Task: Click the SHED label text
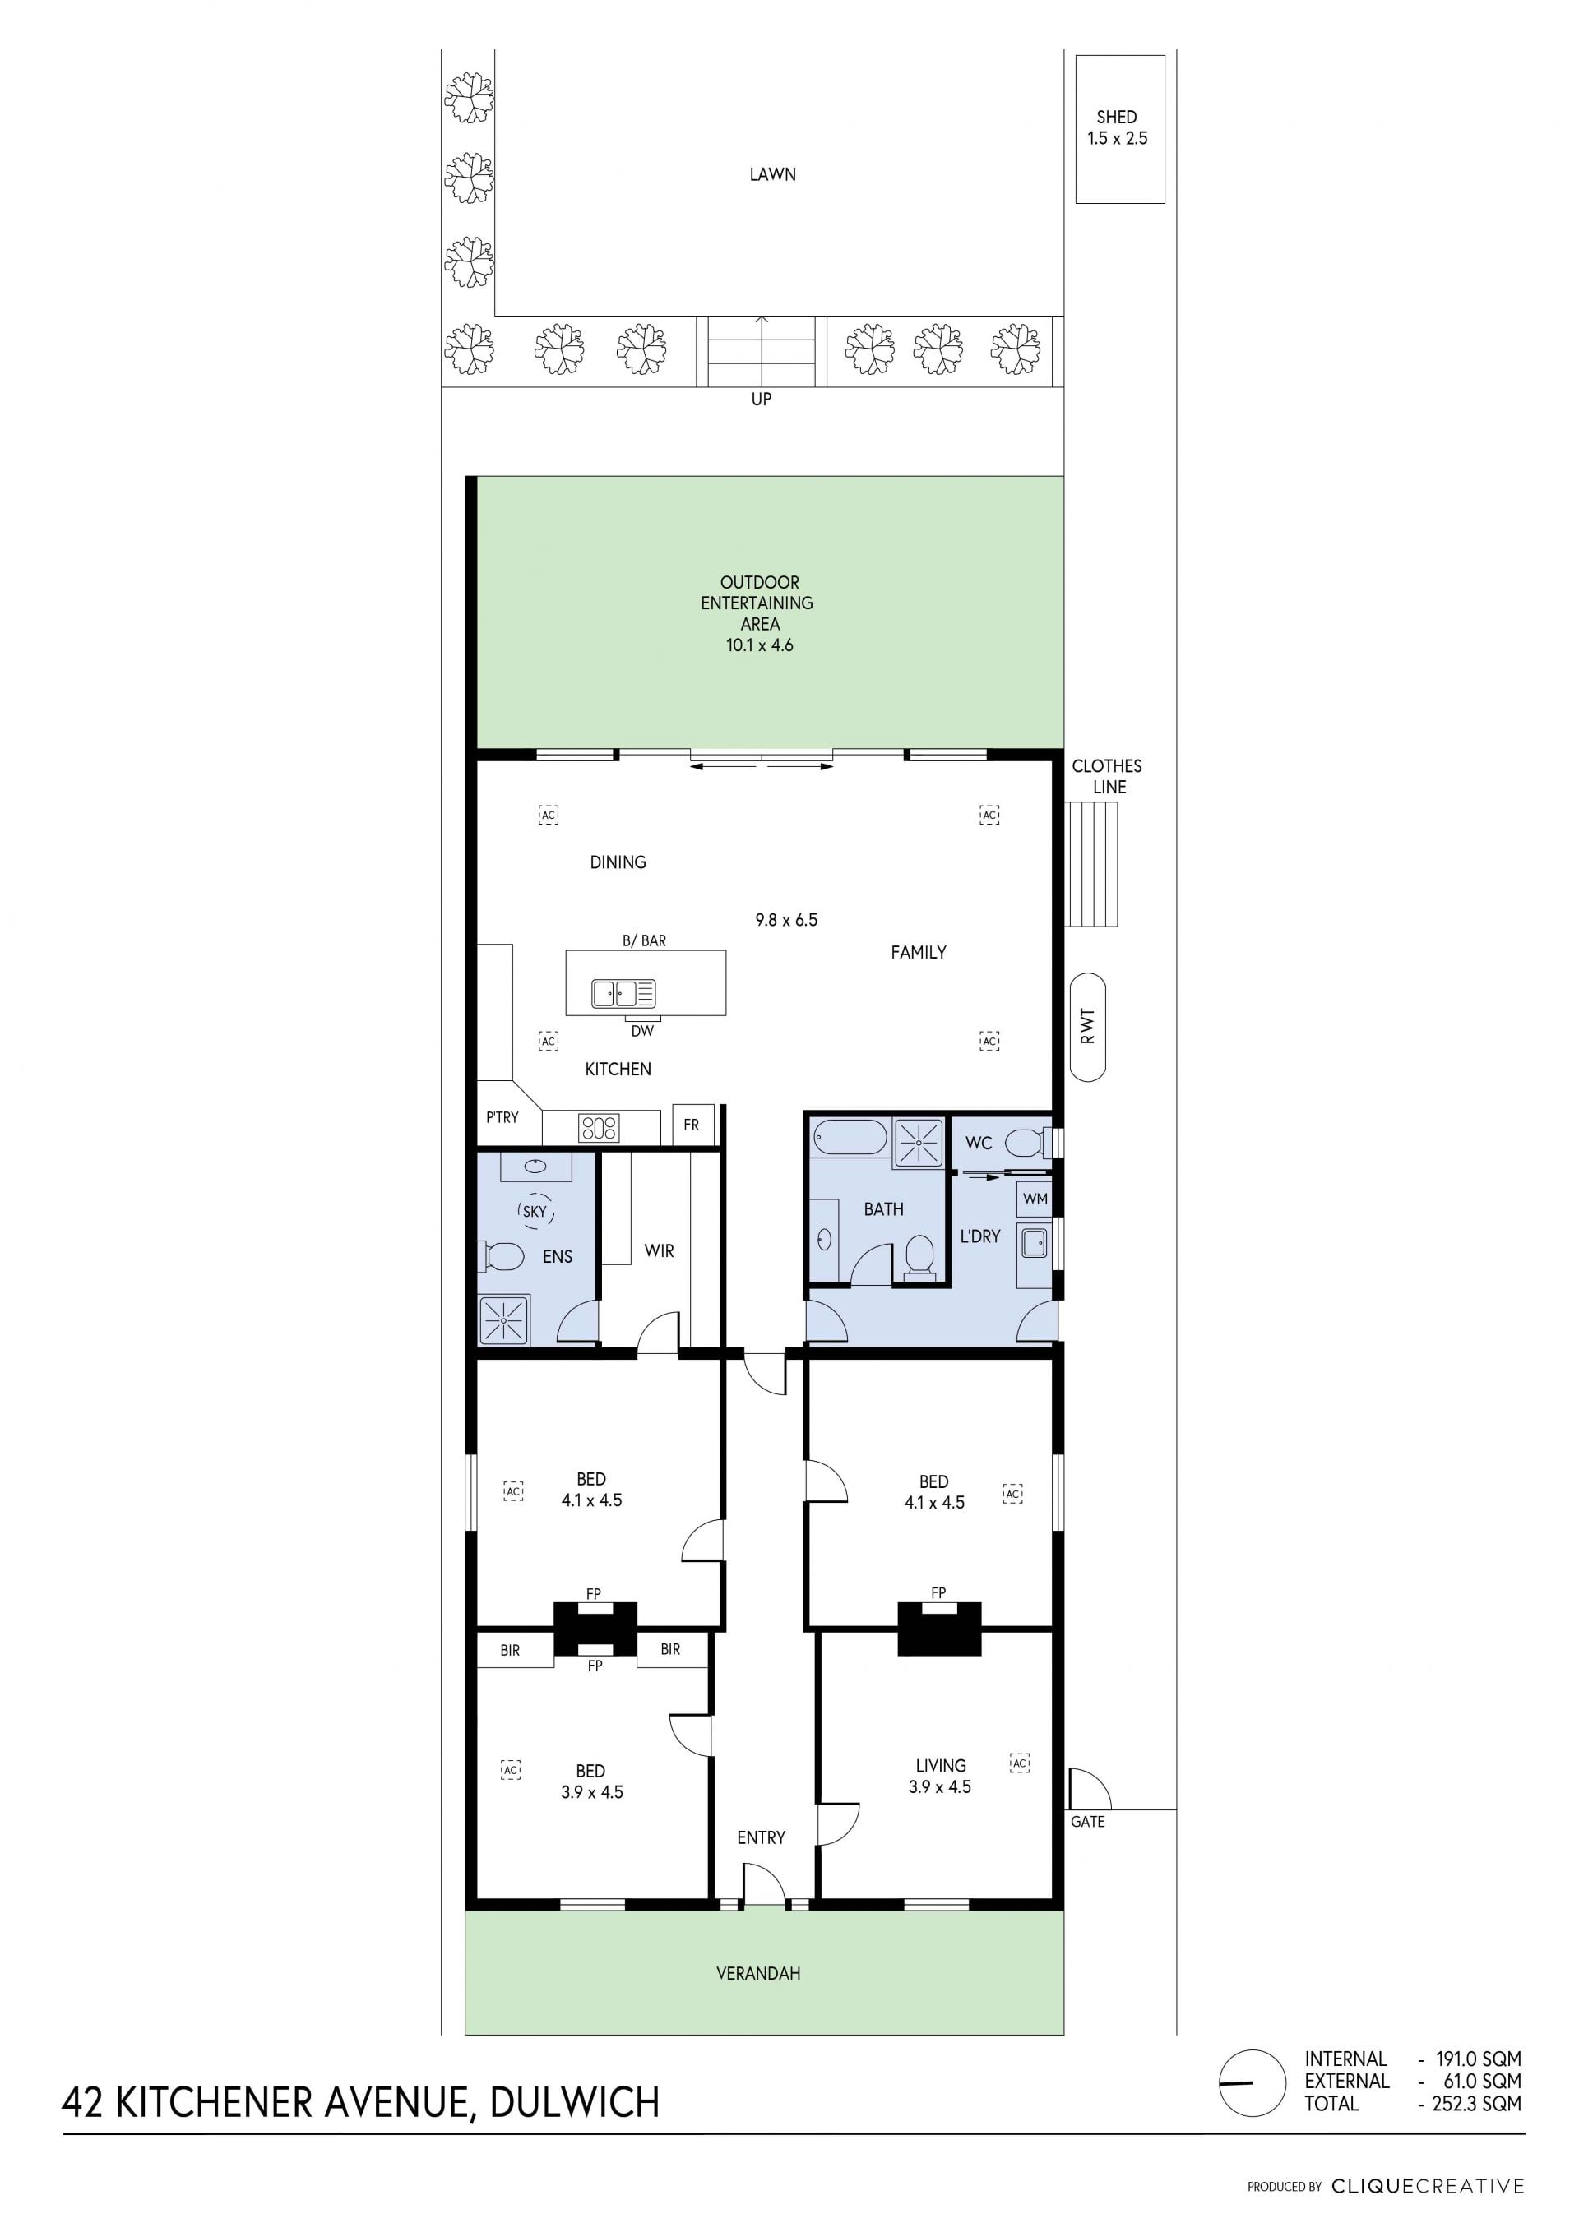tap(1116, 117)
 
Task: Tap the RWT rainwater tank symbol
tap(1087, 1027)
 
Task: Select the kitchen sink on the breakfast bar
tap(623, 994)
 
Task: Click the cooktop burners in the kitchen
tap(598, 1128)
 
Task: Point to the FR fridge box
tap(693, 1125)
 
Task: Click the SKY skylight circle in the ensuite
tap(535, 1211)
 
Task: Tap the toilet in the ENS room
tap(501, 1256)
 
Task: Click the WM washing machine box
tap(1035, 1199)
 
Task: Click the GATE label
tap(1087, 1822)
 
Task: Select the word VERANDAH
tap(758, 1973)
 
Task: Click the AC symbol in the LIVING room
tap(1019, 1763)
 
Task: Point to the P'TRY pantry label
tap(502, 1117)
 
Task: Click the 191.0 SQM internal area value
tap(1479, 2059)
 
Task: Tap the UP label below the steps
tap(762, 399)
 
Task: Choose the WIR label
tap(660, 1251)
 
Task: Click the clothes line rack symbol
tap(1092, 864)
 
